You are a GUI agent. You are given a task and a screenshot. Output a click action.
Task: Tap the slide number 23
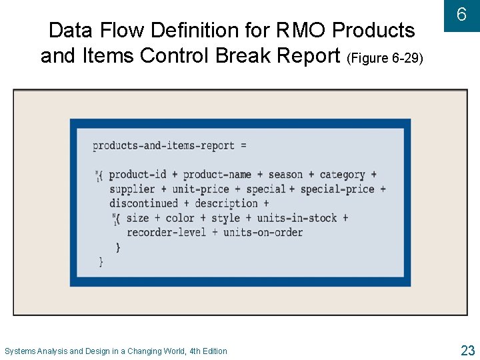(x=467, y=350)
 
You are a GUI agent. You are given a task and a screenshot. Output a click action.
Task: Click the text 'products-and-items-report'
(x=163, y=145)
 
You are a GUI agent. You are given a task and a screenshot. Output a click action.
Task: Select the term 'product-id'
(x=137, y=175)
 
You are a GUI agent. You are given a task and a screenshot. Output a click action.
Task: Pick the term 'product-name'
(x=217, y=175)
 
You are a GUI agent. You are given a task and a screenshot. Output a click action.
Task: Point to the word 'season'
(x=285, y=175)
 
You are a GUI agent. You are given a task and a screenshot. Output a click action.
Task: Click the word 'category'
(x=342, y=175)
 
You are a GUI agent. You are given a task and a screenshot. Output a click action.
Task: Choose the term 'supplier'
(x=132, y=189)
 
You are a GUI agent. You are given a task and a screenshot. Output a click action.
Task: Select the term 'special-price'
(x=337, y=189)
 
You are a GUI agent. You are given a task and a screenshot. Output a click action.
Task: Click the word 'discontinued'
(x=144, y=203)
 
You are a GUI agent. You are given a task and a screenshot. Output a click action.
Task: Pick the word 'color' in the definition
(x=180, y=218)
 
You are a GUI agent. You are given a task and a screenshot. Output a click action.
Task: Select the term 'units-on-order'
(x=263, y=232)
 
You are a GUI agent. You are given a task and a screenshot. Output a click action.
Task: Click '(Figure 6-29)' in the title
(x=385, y=58)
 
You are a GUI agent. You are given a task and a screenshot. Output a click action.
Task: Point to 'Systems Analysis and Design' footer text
(x=62, y=351)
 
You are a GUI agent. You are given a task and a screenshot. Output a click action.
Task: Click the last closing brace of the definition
(x=101, y=262)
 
